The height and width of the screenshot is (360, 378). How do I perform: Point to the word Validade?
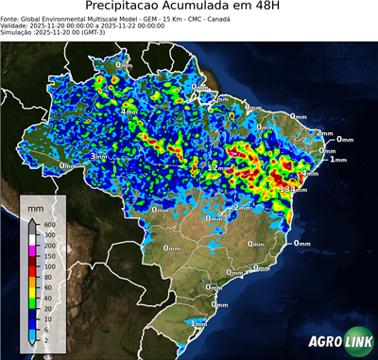tap(16, 25)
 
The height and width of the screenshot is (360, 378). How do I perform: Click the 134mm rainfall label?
tap(291, 190)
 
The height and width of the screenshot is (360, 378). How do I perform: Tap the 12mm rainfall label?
tap(218, 167)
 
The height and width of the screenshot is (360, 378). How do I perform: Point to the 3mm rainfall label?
tap(98, 156)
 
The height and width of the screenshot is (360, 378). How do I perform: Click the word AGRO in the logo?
tap(323, 341)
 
